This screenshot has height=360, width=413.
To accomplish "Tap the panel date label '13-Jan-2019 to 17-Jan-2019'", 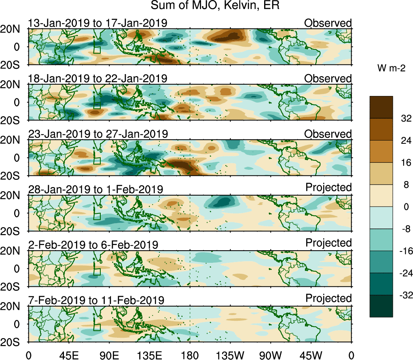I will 97,23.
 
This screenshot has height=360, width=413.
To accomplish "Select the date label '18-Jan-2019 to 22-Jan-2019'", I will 97,79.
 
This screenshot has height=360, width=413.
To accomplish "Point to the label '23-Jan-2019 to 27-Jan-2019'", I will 97,134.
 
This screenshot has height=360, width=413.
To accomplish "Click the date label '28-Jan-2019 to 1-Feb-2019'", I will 95,190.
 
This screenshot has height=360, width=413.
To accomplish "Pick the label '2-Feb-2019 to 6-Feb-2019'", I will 93,245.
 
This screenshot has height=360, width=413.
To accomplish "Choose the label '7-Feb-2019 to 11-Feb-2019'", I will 96,300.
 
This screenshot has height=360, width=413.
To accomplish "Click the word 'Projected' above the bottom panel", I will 328,298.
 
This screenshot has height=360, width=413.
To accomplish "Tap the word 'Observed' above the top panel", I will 328,23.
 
